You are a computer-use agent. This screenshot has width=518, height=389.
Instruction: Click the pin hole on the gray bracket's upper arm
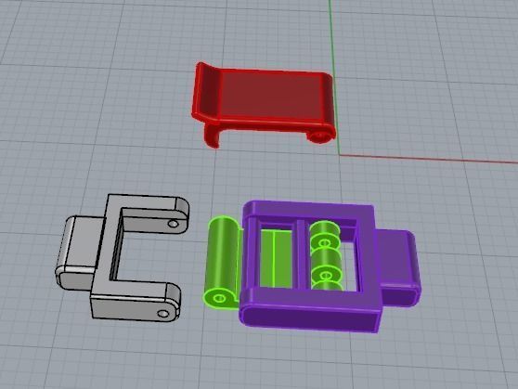coord(173,224)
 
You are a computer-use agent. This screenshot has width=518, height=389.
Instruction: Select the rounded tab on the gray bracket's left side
coord(73,253)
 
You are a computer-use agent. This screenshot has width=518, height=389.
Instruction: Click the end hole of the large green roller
coord(218,299)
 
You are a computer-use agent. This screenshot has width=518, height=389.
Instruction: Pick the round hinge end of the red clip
coord(321,136)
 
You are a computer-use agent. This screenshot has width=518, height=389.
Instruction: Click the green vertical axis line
coord(330,37)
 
